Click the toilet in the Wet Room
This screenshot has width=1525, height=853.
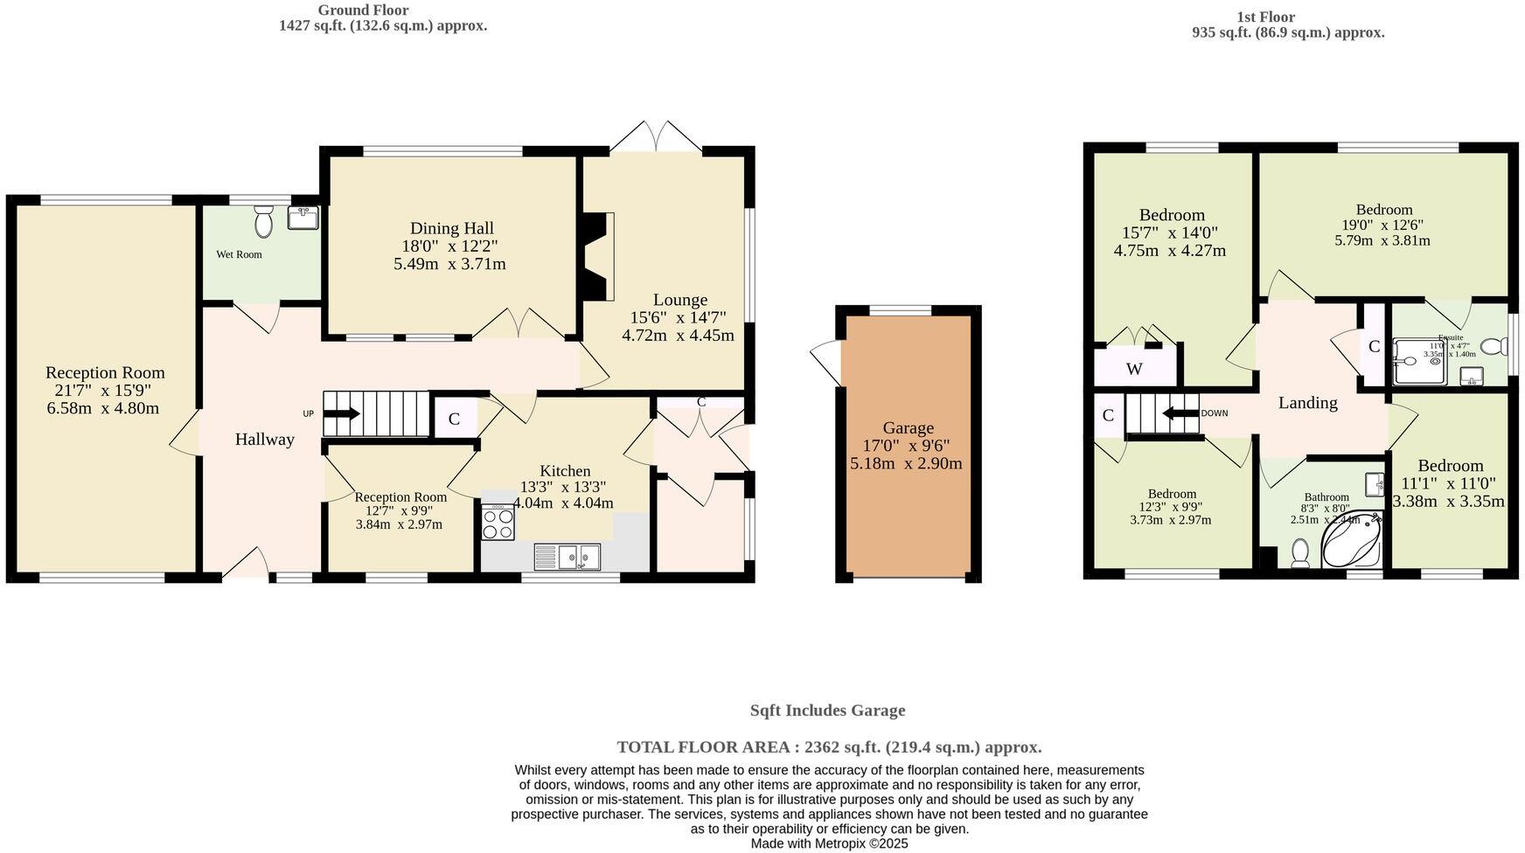[264, 222]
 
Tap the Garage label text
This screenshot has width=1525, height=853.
[908, 428]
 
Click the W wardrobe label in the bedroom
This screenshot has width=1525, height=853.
[1134, 369]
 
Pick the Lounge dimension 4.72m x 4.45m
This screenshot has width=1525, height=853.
[678, 335]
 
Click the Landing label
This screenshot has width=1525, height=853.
[1307, 403]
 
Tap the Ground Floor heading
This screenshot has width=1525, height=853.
[362, 10]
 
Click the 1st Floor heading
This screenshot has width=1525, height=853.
[1265, 17]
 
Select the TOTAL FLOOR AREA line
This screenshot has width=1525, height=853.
[829, 747]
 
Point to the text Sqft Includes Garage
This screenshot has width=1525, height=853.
[827, 711]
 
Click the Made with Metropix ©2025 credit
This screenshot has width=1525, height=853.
[829, 843]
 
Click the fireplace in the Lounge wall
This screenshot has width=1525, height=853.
[598, 257]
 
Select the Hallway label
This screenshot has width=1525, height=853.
[264, 440]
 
